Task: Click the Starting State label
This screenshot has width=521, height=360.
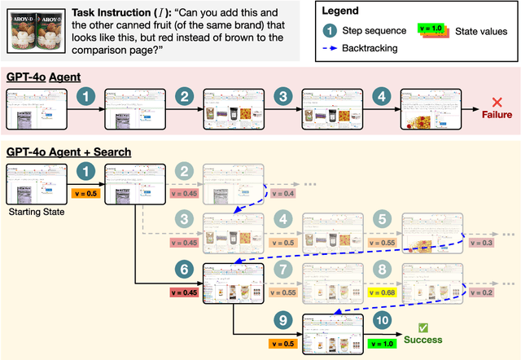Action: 30,212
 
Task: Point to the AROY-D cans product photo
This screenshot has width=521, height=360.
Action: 33,31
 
